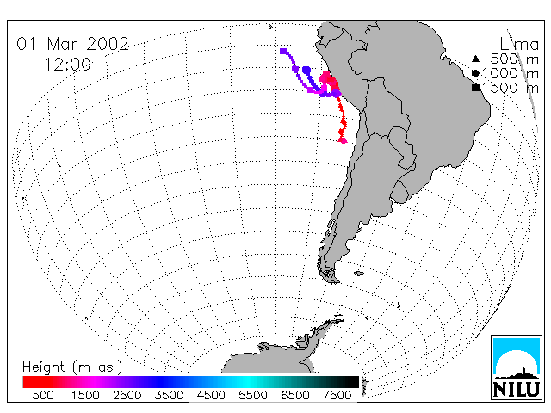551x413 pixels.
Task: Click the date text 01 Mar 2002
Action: click(x=72, y=44)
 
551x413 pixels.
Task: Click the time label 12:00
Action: click(x=67, y=65)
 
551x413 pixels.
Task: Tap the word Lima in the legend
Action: click(x=519, y=45)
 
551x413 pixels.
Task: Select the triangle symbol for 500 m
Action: click(x=475, y=59)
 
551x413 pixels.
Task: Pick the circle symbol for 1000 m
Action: click(x=475, y=73)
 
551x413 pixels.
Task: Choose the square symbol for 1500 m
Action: click(x=476, y=88)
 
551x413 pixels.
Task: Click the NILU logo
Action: click(x=517, y=367)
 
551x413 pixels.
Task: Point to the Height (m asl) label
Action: click(x=72, y=367)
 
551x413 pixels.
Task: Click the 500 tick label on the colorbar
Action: click(x=43, y=396)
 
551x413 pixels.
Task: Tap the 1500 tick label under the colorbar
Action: click(x=85, y=396)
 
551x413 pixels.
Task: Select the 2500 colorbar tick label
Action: click(x=127, y=396)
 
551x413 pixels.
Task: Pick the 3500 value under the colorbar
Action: click(x=169, y=396)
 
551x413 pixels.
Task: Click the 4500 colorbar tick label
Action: click(x=211, y=396)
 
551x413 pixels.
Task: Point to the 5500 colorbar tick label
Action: click(x=253, y=396)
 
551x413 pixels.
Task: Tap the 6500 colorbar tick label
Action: click(x=294, y=396)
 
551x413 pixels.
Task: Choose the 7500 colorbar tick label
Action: click(x=337, y=396)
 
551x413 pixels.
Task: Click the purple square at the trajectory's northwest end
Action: click(x=283, y=52)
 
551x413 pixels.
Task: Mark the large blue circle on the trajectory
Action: click(x=306, y=71)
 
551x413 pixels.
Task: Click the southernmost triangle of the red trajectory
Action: click(x=343, y=140)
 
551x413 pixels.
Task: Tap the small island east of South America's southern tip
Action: click(x=359, y=273)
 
